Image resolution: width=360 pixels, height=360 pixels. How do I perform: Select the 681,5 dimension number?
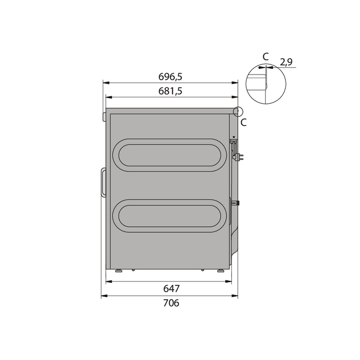(x=171, y=91)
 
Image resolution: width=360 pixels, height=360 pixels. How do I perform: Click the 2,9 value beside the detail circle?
(x=286, y=62)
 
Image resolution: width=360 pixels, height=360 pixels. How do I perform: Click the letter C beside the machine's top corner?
(x=244, y=122)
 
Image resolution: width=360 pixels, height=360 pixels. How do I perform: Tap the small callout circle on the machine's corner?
(x=237, y=111)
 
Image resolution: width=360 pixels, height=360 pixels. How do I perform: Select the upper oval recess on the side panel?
(x=168, y=155)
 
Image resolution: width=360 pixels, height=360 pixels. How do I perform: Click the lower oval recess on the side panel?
(x=168, y=214)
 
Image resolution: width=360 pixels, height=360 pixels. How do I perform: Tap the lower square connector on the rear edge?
(x=237, y=203)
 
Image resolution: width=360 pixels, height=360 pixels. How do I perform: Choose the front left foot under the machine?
(x=118, y=270)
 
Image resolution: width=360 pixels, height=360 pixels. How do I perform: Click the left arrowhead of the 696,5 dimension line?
(x=104, y=82)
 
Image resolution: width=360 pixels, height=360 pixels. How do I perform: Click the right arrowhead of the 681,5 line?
(x=236, y=96)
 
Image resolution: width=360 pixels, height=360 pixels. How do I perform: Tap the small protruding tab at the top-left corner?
(x=104, y=117)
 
